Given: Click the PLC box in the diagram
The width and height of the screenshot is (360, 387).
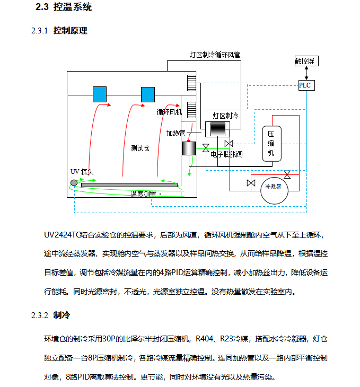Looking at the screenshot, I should coord(305,85).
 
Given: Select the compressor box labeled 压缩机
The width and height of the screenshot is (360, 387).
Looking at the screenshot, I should coord(270,143).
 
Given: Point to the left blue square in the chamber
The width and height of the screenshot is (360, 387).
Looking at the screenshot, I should coord(100,94).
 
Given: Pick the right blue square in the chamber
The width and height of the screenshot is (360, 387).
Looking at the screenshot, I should coord(147,94).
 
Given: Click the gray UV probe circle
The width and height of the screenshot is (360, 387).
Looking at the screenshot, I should coord(74,183).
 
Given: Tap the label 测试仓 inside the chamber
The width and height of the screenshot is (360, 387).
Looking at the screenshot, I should coord(140,148).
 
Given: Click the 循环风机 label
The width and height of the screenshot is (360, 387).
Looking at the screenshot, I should coord(169,112).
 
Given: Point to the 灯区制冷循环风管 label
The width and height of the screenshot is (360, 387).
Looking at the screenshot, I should coord(215,55).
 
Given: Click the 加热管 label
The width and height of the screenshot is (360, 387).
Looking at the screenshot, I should coord(175,133).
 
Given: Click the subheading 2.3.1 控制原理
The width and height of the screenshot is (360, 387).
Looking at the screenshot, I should coord(59,31).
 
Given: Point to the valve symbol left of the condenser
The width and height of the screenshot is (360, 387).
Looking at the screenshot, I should coord(251,183).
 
